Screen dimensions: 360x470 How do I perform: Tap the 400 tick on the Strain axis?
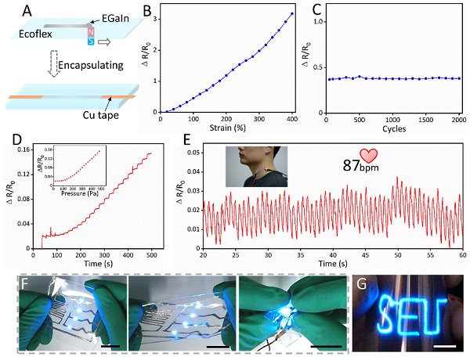(x=292, y=119)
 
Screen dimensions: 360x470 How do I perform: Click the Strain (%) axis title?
(x=227, y=128)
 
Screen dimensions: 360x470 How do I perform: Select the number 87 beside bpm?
(x=352, y=165)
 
